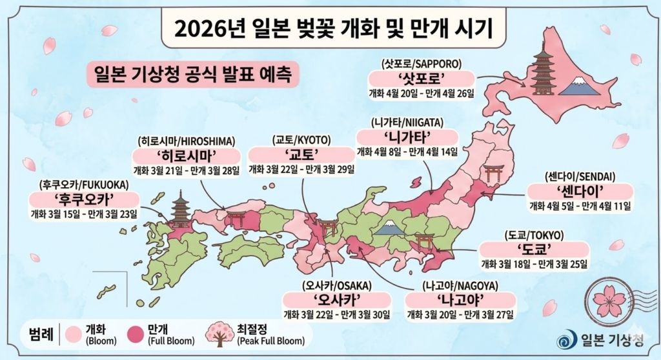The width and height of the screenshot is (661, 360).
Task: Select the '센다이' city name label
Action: pos(579,192)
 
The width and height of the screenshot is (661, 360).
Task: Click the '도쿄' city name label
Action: pos(533,249)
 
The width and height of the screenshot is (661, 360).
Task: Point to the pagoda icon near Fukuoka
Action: pos(179,209)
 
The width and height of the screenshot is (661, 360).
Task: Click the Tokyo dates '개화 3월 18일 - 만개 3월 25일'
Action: pos(533,264)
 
